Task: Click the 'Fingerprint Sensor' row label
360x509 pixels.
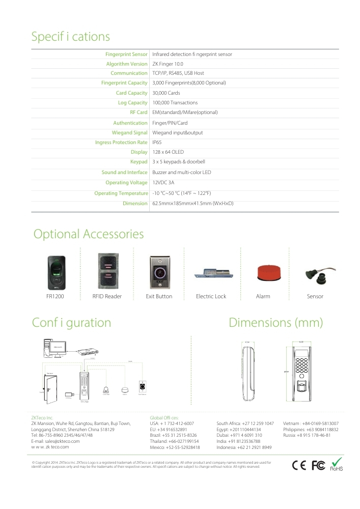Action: (126, 54)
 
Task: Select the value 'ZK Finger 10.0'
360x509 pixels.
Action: (168, 64)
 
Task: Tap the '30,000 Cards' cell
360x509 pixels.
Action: (166, 93)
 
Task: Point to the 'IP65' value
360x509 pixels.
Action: (157, 143)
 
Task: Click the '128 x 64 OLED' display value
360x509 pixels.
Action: (168, 152)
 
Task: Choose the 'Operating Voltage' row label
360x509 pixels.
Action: (126, 182)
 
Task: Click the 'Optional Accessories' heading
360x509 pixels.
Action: (89, 234)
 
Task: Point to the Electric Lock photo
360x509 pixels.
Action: (211, 274)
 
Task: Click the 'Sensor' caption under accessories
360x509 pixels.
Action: (315, 296)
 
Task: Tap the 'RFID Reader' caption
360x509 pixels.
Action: (107, 296)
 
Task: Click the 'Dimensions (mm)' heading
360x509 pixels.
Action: (276, 323)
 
